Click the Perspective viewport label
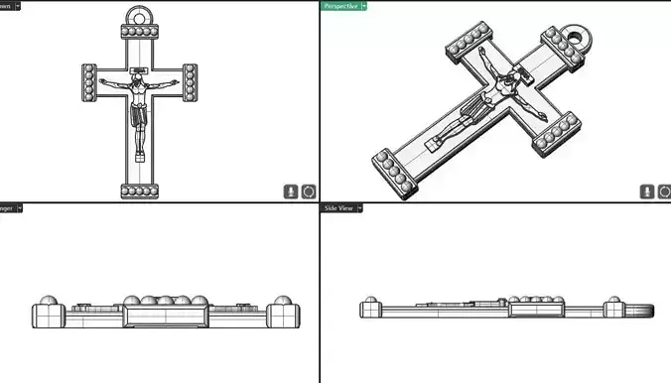pyautogui.click(x=339, y=5)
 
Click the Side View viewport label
pyautogui.click(x=336, y=208)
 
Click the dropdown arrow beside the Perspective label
pyautogui.click(x=364, y=5)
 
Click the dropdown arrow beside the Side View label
pyautogui.click(x=360, y=208)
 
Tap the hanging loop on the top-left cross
pyautogui.click(x=141, y=19)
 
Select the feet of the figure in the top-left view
pyautogui.click(x=140, y=157)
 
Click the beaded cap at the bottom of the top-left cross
pyautogui.click(x=140, y=191)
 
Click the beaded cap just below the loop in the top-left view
pyautogui.click(x=141, y=37)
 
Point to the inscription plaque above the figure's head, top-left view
pyautogui.click(x=140, y=69)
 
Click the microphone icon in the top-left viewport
pyautogui.click(x=291, y=191)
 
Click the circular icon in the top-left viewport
pyautogui.click(x=309, y=191)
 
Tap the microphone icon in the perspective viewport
pyautogui.click(x=646, y=191)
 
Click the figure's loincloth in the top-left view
pyautogui.click(x=140, y=118)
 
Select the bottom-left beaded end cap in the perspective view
pyautogui.click(x=390, y=171)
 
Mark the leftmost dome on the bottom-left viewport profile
pyautogui.click(x=46, y=302)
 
